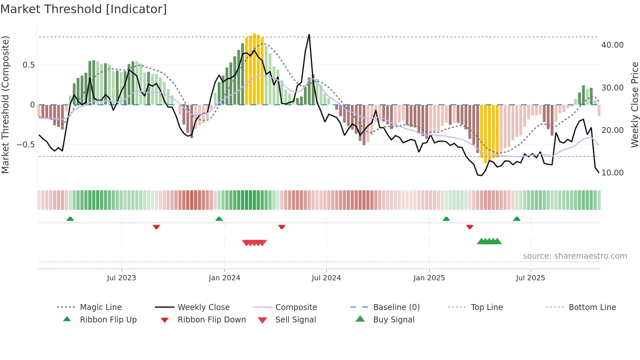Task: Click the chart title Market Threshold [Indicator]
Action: tap(84, 9)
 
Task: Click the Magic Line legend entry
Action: tap(101, 307)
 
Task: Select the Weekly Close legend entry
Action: tap(203, 307)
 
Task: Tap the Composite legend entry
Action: tap(296, 307)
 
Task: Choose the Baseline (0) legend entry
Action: tap(396, 307)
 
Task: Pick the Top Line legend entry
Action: tap(487, 307)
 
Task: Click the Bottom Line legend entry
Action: tap(592, 307)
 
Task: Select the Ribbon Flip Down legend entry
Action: tap(211, 320)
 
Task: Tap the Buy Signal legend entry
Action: tap(393, 320)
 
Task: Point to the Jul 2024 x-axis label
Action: tap(326, 278)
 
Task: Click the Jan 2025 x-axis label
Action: tap(429, 278)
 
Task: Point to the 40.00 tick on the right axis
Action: tap(612, 45)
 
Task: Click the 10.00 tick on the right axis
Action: tap(612, 173)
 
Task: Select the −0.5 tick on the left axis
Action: tap(25, 144)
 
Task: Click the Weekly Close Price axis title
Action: tap(634, 105)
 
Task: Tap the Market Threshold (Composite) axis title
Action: tap(5, 105)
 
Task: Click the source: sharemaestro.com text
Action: tap(575, 256)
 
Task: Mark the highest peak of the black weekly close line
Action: tap(309, 35)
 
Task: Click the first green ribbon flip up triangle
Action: tap(70, 219)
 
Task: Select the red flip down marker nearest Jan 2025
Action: tap(470, 227)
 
